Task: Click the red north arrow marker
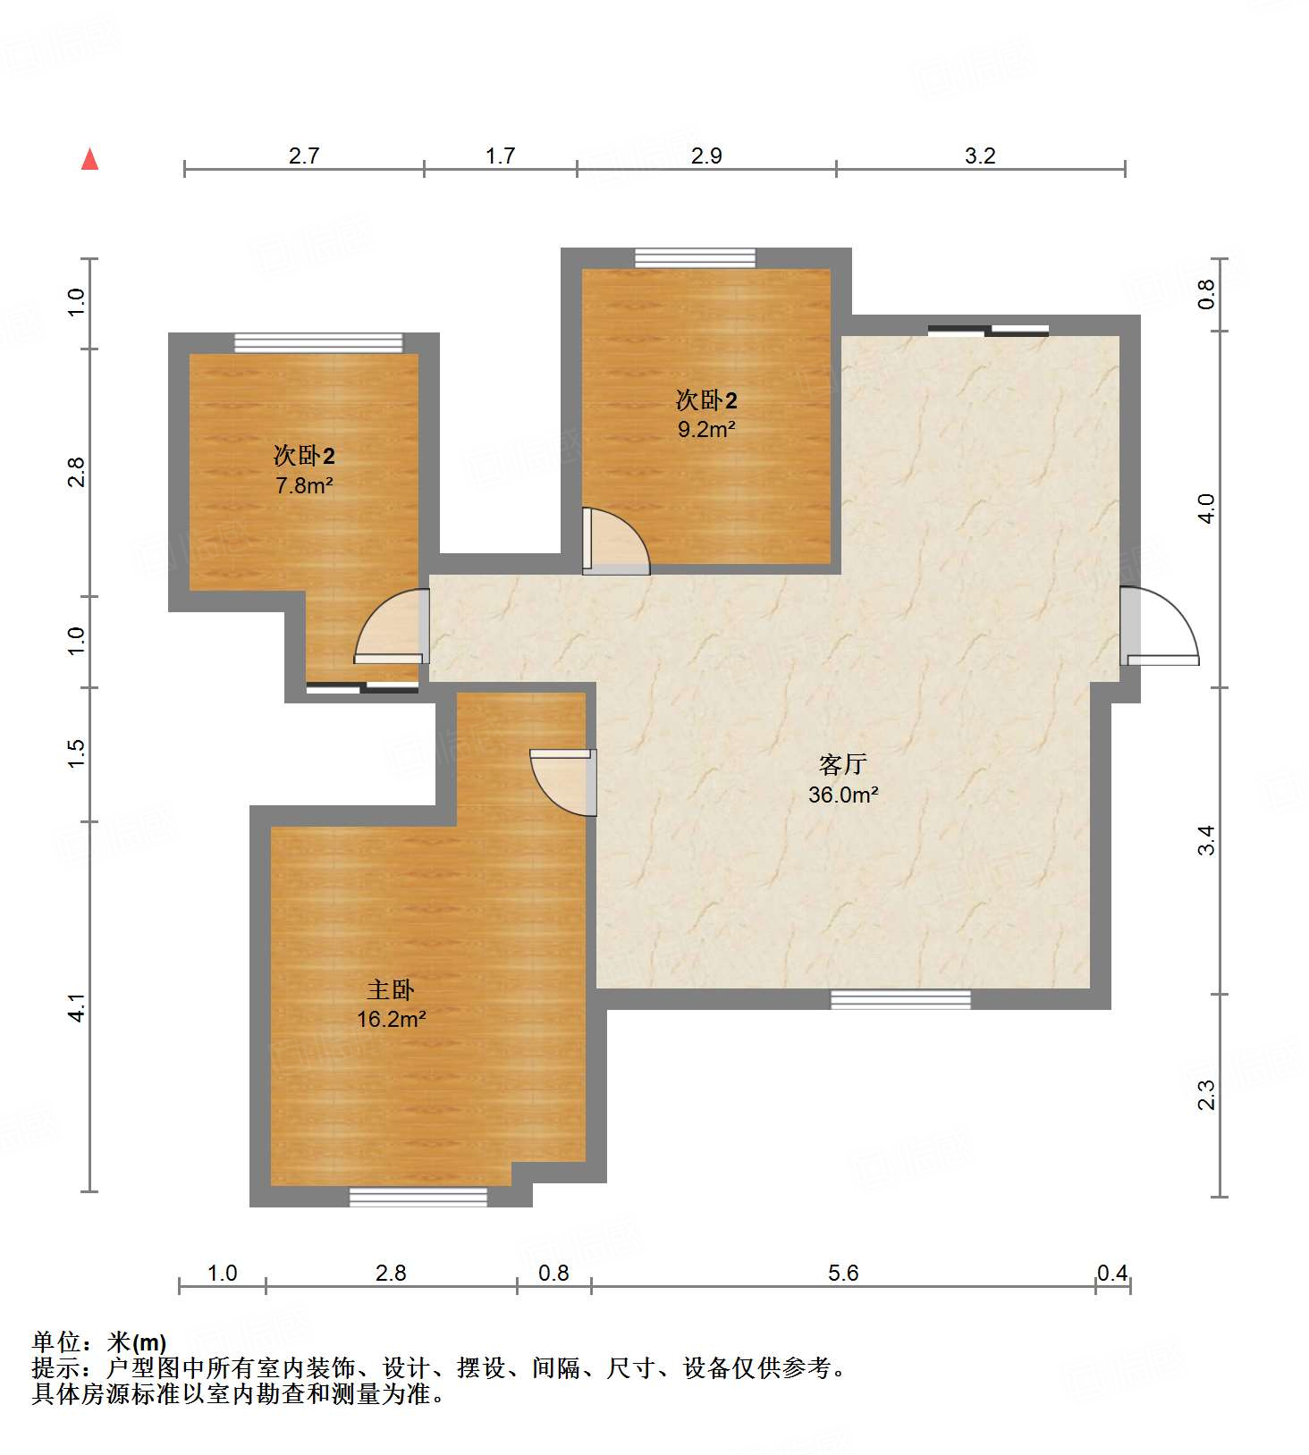tap(89, 160)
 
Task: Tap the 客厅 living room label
tap(842, 765)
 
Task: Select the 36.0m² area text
tap(842, 795)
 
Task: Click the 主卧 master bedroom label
tap(391, 990)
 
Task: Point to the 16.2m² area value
tap(391, 1019)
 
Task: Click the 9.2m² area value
tap(705, 429)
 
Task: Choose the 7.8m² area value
tap(304, 485)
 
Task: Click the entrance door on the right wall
tap(1159, 626)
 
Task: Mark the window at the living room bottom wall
tap(900, 999)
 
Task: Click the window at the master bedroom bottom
tap(418, 1197)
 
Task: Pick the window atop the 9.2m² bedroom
tap(695, 258)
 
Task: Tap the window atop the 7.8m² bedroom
tap(318, 343)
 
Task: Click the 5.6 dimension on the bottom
tap(842, 1273)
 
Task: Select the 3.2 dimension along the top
tap(980, 156)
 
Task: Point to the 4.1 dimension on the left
tap(77, 1007)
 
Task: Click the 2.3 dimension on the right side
tap(1207, 1095)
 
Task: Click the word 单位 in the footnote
tap(56, 1342)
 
